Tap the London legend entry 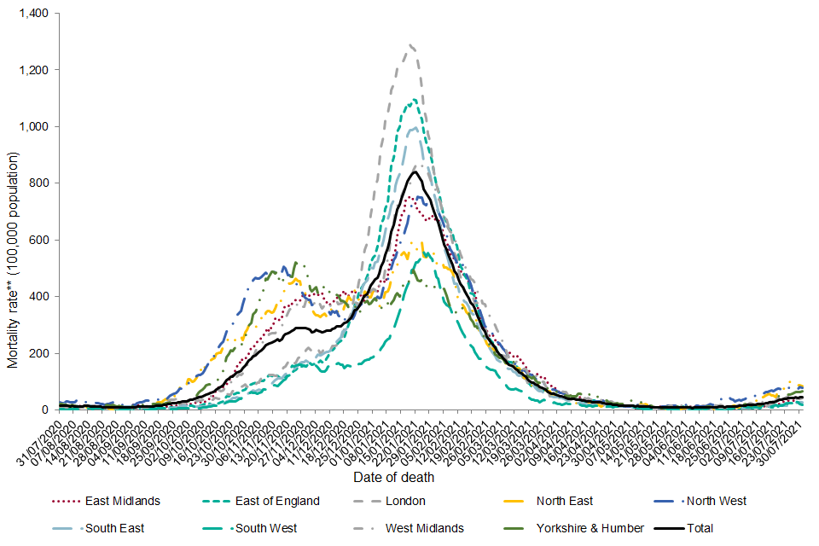tap(404, 502)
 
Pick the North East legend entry tap(564, 502)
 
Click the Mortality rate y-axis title tap(13, 260)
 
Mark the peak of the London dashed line tap(411, 44)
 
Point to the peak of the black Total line tap(414, 171)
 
